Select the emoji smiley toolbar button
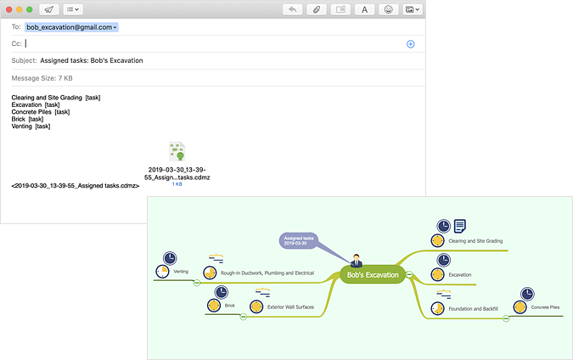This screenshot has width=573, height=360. [x=389, y=9]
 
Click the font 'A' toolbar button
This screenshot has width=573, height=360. [x=365, y=9]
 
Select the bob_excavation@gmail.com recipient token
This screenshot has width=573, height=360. [x=71, y=27]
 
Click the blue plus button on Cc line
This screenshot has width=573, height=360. [x=411, y=43]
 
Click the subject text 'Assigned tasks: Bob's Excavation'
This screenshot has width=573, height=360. [x=92, y=60]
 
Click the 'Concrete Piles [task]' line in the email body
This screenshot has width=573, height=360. [x=41, y=112]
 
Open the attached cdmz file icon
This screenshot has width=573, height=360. [x=177, y=152]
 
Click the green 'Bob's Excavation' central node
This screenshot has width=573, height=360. [x=373, y=274]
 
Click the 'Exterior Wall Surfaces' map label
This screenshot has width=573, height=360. [x=291, y=307]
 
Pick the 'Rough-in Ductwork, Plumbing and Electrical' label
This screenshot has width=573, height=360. [x=267, y=273]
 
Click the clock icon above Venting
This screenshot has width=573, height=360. [x=170, y=257]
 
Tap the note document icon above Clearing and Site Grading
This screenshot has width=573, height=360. [x=459, y=226]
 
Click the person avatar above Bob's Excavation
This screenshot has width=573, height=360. [x=356, y=259]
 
